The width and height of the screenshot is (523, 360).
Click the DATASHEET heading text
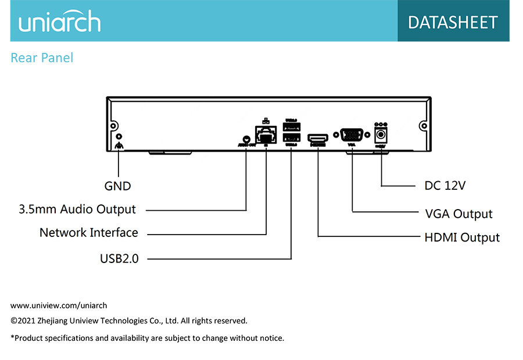[x=453, y=22]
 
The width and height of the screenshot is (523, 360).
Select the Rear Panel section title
[x=42, y=58]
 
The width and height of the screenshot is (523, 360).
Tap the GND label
[x=117, y=186]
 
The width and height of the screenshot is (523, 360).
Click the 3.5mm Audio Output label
[x=77, y=209]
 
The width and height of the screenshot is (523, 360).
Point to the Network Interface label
[x=88, y=232]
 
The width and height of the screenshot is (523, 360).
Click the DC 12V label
[x=445, y=186]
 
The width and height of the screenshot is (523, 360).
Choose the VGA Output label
[x=458, y=214]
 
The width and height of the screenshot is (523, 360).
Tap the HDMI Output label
[x=462, y=237]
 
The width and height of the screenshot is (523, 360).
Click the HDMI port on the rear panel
[x=318, y=138]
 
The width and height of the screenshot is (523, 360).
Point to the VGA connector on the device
[x=352, y=135]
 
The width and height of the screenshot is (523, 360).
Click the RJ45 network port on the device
[x=266, y=136]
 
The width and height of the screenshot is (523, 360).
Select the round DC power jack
[x=381, y=135]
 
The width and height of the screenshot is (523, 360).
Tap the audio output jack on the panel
[x=246, y=140]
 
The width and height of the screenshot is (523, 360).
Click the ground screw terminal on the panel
[x=119, y=137]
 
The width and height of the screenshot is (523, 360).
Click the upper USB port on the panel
[x=291, y=127]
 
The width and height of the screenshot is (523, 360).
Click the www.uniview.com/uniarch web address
[x=59, y=305]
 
